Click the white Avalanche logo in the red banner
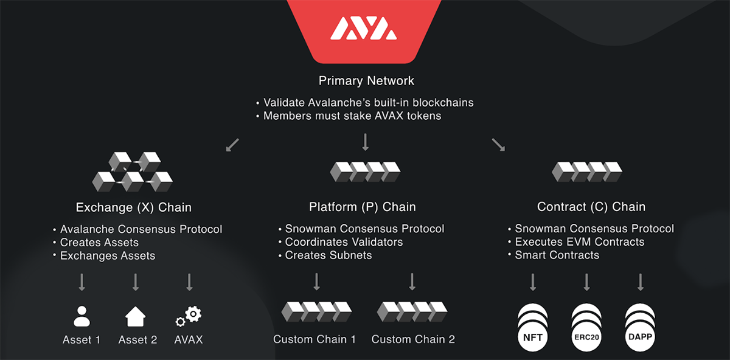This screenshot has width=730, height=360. point(364,29)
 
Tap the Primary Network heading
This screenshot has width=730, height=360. point(366,81)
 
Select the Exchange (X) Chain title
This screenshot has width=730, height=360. point(134,207)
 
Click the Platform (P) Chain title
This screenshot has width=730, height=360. point(363,207)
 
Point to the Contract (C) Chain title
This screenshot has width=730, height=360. point(591,207)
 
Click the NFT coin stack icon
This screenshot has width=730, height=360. point(533,327)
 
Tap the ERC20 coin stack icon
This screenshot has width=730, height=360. point(586,327)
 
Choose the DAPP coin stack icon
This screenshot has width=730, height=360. point(641,327)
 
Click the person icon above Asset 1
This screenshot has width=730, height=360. point(82,316)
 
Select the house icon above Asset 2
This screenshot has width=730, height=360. point(136,316)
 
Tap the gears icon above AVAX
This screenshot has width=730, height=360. point(189,316)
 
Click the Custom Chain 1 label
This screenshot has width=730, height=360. point(315,339)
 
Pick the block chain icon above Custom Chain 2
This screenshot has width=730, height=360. point(412,312)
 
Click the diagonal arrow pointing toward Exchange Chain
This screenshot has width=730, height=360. point(232,145)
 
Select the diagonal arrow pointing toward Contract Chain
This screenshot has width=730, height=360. point(498,145)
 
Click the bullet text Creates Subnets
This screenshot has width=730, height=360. point(328,255)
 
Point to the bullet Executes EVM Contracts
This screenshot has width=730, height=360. point(580,242)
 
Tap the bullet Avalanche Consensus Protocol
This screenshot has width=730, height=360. point(141,229)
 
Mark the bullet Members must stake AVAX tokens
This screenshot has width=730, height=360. point(352,116)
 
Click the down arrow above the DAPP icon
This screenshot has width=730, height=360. point(641,282)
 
